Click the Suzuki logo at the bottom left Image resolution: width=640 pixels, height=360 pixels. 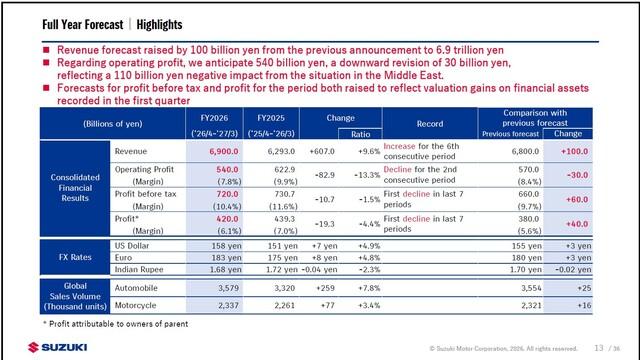[x=57, y=347]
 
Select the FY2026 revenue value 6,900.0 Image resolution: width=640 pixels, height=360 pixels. [x=224, y=151]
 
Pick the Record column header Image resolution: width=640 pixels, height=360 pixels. [x=429, y=124]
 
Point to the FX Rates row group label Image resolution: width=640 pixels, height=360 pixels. [x=75, y=257]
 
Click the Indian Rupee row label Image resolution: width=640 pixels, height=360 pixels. [x=139, y=269]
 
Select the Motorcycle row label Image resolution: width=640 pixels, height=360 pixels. [x=136, y=305]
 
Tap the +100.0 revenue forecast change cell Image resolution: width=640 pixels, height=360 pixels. [x=574, y=151]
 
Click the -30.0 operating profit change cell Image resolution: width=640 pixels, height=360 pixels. [x=578, y=175]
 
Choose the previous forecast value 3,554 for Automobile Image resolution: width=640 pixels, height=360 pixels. [x=531, y=288]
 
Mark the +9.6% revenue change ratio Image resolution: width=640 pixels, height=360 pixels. [x=369, y=151]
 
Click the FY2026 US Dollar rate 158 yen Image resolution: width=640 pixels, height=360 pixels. [x=226, y=246]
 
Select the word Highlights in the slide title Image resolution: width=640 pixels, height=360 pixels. [x=159, y=24]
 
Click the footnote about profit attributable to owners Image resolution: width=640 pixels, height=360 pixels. [x=116, y=324]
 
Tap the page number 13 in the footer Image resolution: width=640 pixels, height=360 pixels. [x=599, y=348]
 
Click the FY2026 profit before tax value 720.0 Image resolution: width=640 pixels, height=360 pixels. [x=227, y=194]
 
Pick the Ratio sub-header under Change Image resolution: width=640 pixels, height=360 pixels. [x=360, y=134]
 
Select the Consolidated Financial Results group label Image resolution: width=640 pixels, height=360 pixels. [x=75, y=188]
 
